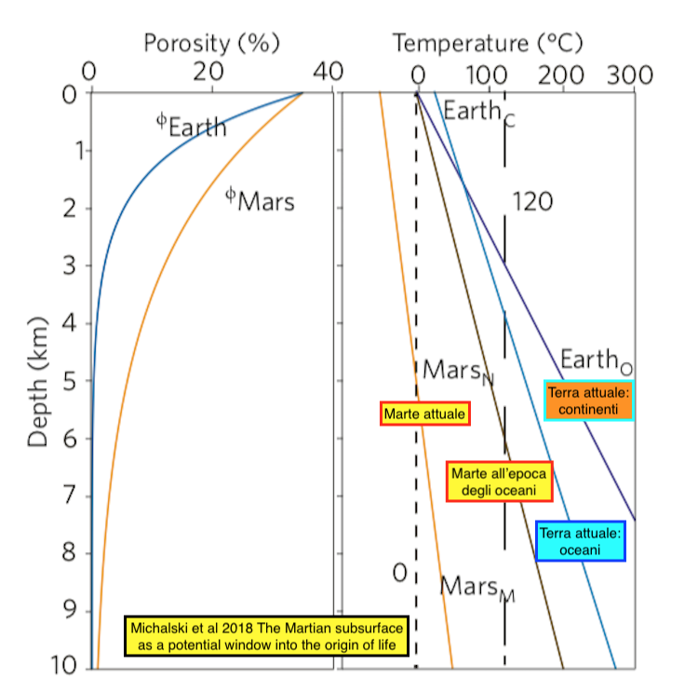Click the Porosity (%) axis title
point(211,42)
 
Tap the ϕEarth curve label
point(191,126)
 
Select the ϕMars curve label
point(261,198)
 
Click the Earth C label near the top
point(478,113)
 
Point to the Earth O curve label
point(597,360)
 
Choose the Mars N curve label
point(458,371)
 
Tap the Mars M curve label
point(477,587)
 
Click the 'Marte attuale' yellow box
point(426,414)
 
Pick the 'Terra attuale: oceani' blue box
point(581,542)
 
